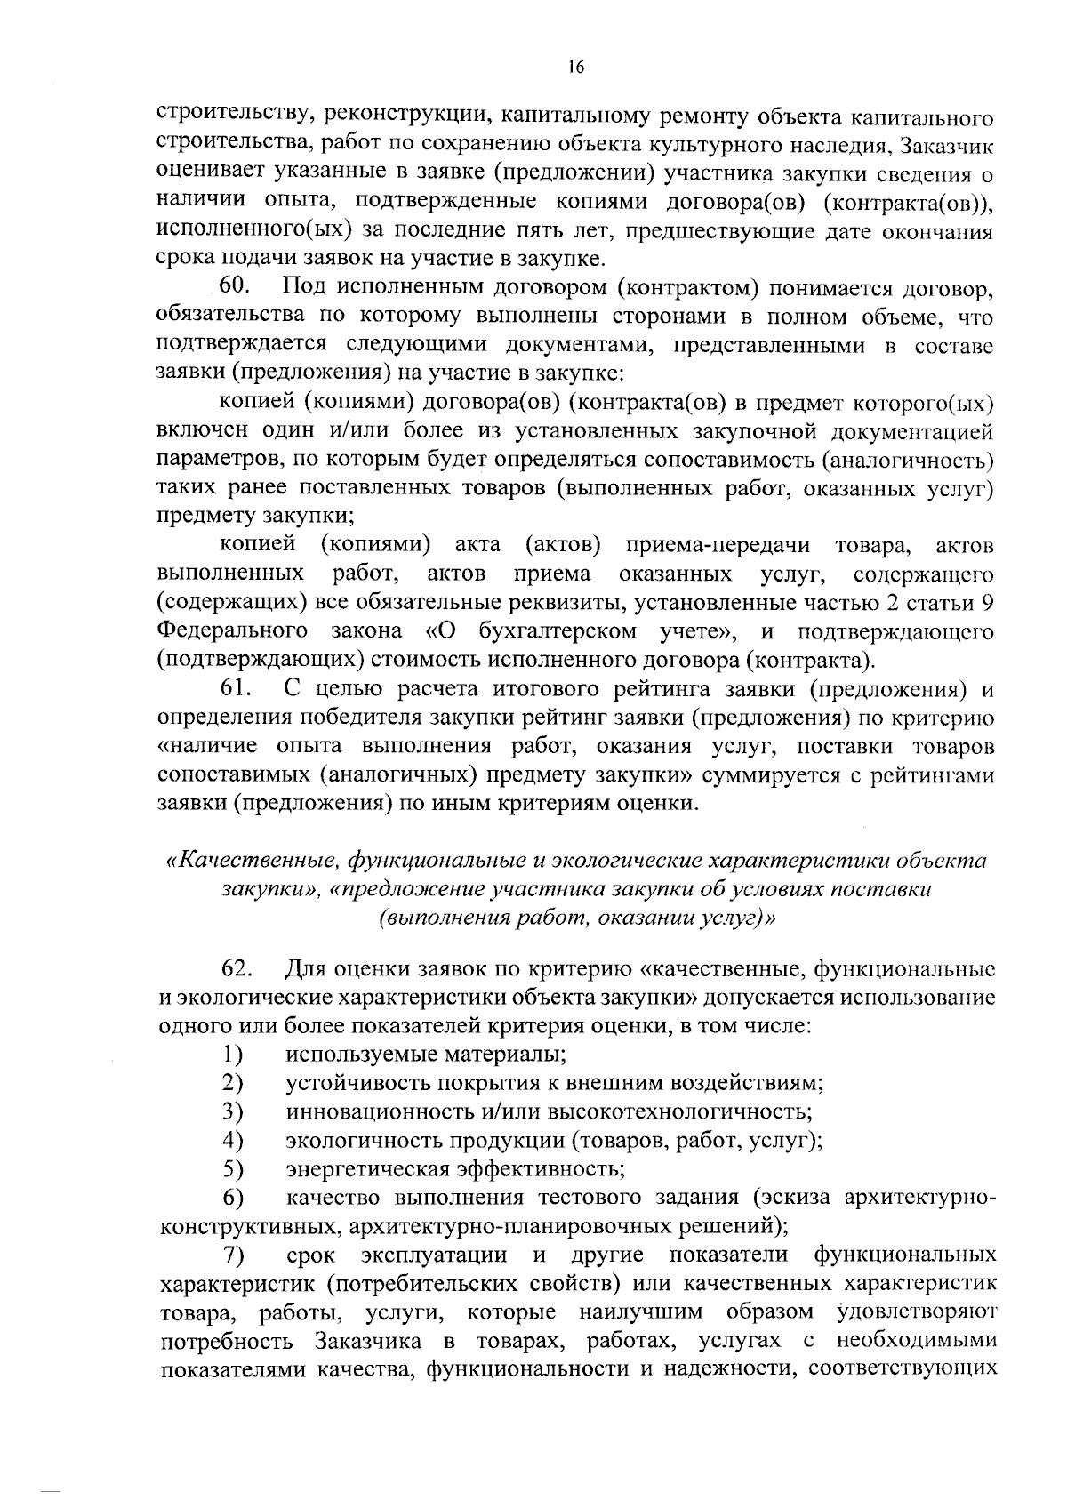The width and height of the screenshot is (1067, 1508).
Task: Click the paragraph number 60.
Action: (236, 288)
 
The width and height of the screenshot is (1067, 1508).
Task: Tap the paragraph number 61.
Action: (235, 689)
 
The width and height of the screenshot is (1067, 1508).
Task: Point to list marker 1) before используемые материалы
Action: (233, 1055)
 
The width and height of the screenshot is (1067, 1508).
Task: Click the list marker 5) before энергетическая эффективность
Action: (233, 1168)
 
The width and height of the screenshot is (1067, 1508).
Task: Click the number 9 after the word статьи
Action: (985, 603)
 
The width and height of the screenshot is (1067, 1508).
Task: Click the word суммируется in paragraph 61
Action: (772, 775)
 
